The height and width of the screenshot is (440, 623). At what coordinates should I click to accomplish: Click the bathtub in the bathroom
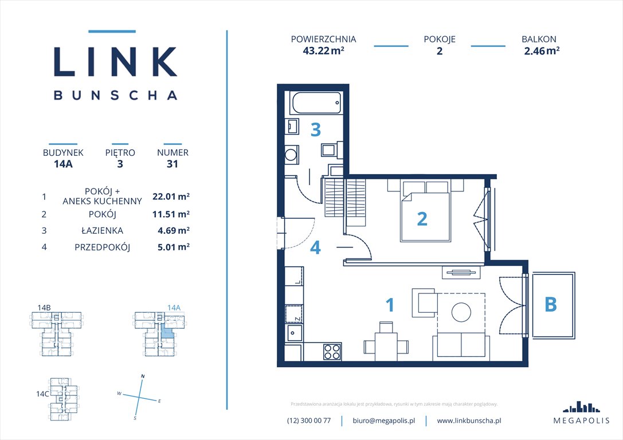316,104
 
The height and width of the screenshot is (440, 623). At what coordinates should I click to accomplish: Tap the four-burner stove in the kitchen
332,351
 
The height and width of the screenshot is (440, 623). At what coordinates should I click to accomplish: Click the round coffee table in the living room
462,312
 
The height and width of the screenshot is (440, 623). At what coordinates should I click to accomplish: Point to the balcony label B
550,305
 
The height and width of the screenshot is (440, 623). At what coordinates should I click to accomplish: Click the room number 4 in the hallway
315,247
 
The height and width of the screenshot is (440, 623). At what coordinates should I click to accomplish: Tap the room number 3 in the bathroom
315,130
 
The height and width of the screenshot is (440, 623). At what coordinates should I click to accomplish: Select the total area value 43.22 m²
323,50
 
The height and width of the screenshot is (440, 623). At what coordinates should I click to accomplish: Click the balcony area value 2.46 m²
541,50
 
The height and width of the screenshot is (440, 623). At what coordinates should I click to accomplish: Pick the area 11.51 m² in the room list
171,214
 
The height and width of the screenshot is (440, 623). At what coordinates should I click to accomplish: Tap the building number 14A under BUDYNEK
63,164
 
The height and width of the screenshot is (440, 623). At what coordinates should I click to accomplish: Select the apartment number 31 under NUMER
173,164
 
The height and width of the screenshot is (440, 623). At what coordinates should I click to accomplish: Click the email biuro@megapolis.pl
383,421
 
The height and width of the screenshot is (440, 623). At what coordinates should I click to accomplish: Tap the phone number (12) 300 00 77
309,421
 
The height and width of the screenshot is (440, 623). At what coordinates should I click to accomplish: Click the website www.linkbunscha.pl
469,421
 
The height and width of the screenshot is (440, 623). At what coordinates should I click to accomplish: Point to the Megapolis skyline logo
581,407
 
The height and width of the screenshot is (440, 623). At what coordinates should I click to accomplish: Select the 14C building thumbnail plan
62,396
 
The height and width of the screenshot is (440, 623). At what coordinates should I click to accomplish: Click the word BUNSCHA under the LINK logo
115,95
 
